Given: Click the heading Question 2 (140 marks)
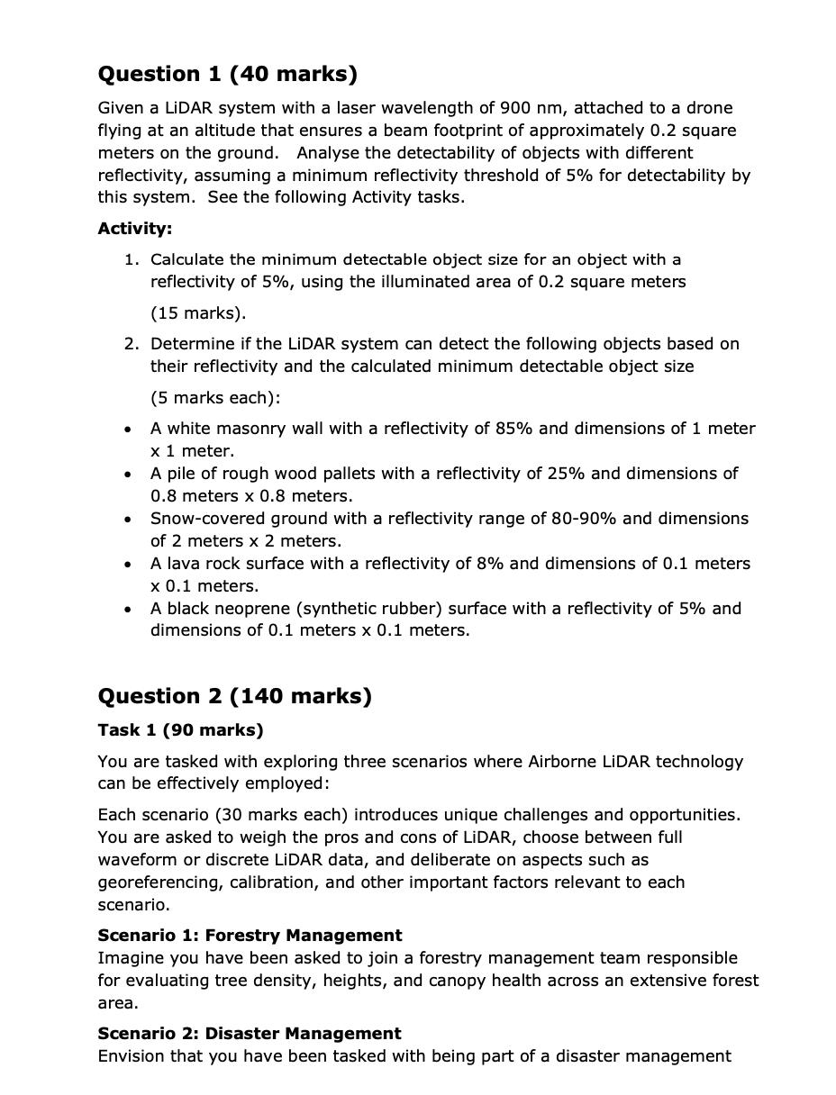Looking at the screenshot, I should coord(234,695).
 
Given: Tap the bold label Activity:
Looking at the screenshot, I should coord(135,228).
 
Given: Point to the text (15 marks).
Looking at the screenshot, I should coord(197,313).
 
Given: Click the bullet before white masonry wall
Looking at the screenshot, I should coord(132,430).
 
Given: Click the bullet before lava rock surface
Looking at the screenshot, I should coord(132,565).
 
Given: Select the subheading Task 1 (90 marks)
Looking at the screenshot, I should coord(180,729).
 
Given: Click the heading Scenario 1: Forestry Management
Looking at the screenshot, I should coord(250,935).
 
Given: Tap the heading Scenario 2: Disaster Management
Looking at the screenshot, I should coord(250,1033).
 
